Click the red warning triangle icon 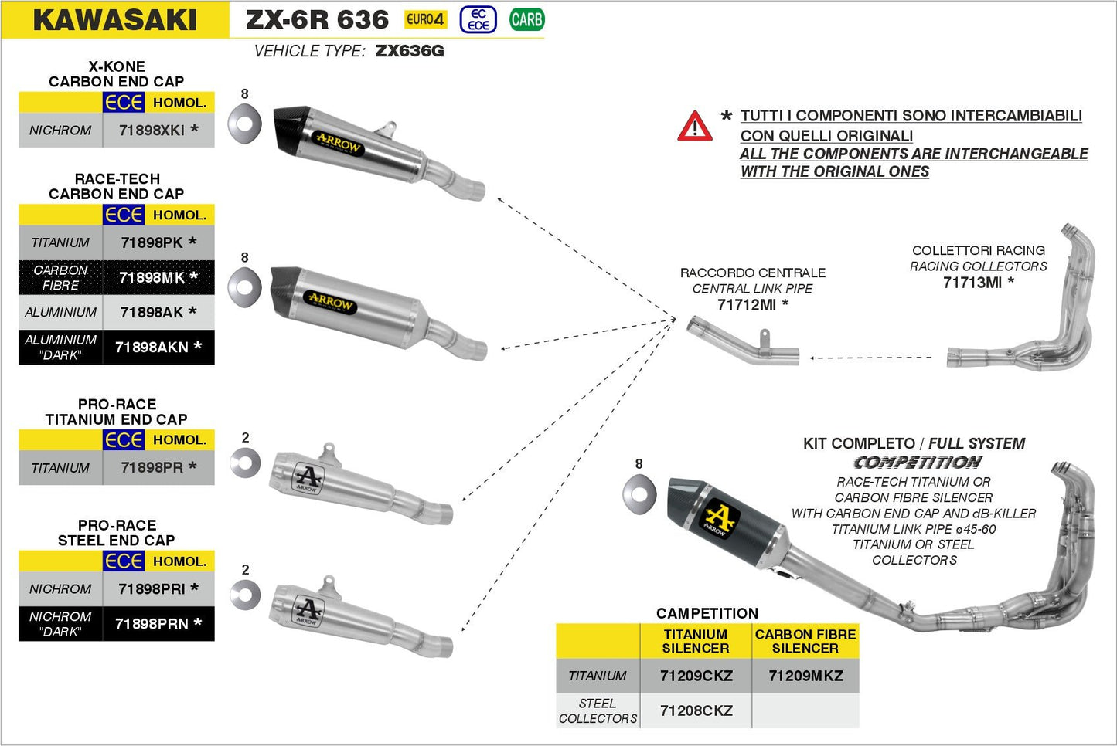point(694,127)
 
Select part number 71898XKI point(152,131)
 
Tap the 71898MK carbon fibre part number point(152,277)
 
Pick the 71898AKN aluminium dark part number point(152,348)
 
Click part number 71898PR point(152,467)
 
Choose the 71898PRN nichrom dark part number point(152,624)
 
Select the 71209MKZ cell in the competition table point(805,676)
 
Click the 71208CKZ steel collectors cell point(696,710)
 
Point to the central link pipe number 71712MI point(746,305)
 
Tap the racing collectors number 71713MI point(972,283)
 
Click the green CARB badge point(526,19)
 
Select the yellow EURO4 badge point(425,19)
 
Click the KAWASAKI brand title point(115,20)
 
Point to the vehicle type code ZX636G point(409,51)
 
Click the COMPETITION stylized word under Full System point(918,463)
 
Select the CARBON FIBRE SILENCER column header point(805,641)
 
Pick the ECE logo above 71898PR point(124,440)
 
